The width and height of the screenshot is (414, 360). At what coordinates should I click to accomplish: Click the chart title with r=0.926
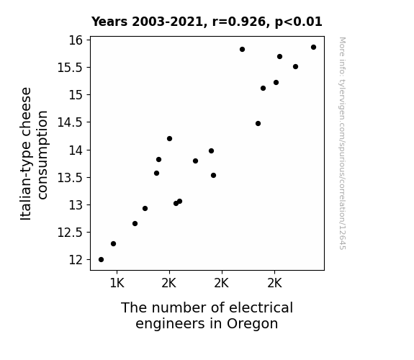pyautogui.click(x=207, y=22)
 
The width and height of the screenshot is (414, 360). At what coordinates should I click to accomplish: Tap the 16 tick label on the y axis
pyautogui.click(x=76, y=40)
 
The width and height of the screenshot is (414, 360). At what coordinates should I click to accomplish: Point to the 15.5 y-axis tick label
pyautogui.click(x=70, y=68)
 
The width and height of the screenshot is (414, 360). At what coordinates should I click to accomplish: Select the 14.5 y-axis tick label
pyautogui.click(x=70, y=122)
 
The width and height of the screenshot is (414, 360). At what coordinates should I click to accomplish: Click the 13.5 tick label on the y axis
pyautogui.click(x=70, y=178)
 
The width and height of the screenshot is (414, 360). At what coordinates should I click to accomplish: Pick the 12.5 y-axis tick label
pyautogui.click(x=70, y=233)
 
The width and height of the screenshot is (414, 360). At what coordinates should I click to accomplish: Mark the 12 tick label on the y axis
pyautogui.click(x=76, y=260)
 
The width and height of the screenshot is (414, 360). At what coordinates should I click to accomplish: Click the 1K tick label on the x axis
pyautogui.click(x=117, y=283)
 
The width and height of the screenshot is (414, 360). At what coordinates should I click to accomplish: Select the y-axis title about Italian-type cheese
pyautogui.click(x=34, y=153)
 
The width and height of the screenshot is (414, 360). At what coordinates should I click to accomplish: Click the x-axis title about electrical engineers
pyautogui.click(x=207, y=315)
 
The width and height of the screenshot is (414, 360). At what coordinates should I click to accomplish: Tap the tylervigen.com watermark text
pyautogui.click(x=343, y=143)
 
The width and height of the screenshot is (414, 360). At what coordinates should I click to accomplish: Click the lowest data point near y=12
pyautogui.click(x=101, y=260)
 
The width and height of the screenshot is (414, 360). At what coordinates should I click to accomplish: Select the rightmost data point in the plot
pyautogui.click(x=313, y=48)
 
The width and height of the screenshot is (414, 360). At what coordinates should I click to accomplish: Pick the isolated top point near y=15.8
pyautogui.click(x=242, y=50)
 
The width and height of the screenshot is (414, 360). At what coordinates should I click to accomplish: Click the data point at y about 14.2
pyautogui.click(x=169, y=139)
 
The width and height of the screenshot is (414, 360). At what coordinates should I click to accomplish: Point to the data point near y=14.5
pyautogui.click(x=258, y=124)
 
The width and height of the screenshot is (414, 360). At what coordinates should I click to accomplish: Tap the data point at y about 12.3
pyautogui.click(x=113, y=244)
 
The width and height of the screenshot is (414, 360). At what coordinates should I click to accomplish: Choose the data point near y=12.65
pyautogui.click(x=135, y=224)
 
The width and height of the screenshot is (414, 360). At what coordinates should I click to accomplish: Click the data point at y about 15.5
pyautogui.click(x=295, y=66)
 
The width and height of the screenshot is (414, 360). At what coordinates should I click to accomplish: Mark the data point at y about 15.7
pyautogui.click(x=279, y=57)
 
